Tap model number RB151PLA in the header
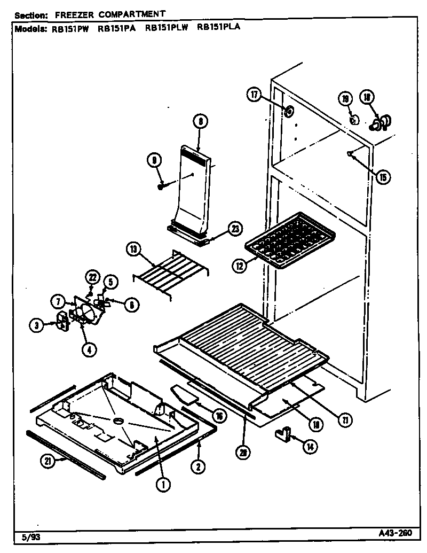218,28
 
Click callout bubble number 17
254,95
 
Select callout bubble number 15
382,177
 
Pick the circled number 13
133,249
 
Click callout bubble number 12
240,264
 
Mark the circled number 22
92,277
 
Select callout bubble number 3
37,325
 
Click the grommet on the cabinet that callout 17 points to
289,112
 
